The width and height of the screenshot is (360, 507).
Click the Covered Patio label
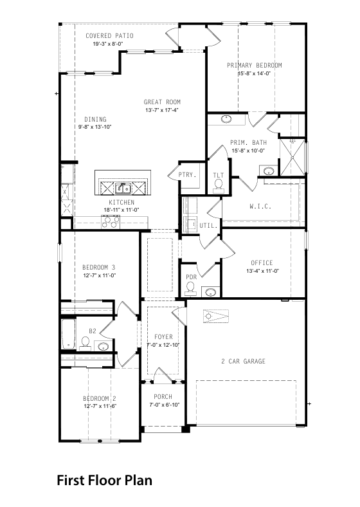coord(109,35)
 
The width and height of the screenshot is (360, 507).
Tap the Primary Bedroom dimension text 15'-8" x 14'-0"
coord(254,73)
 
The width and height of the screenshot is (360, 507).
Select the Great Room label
coord(162,102)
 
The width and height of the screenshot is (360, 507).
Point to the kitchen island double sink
coord(123,188)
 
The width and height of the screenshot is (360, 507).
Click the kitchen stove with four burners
coord(111,222)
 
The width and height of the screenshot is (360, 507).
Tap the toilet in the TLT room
coord(219,186)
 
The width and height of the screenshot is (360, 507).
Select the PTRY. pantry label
coord(188,174)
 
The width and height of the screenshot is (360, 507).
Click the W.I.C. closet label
coord(260,207)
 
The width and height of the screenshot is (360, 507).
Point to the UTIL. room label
coord(208,226)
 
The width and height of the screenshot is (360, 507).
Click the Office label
coord(262,263)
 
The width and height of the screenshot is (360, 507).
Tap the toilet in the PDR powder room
coord(191,289)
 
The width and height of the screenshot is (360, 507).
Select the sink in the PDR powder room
coord(211,292)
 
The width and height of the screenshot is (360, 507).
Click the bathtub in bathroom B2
coord(69,334)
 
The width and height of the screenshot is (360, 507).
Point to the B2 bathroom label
coord(93,331)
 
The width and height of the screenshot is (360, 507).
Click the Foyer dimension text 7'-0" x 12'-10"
coord(163,345)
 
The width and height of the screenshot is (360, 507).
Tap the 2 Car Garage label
coord(243,361)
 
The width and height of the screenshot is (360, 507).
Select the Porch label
coord(163,397)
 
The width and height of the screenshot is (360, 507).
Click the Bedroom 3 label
coord(98,268)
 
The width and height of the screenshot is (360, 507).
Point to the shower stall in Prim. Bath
coord(292,157)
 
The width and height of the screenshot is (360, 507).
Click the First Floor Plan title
coord(104,481)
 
